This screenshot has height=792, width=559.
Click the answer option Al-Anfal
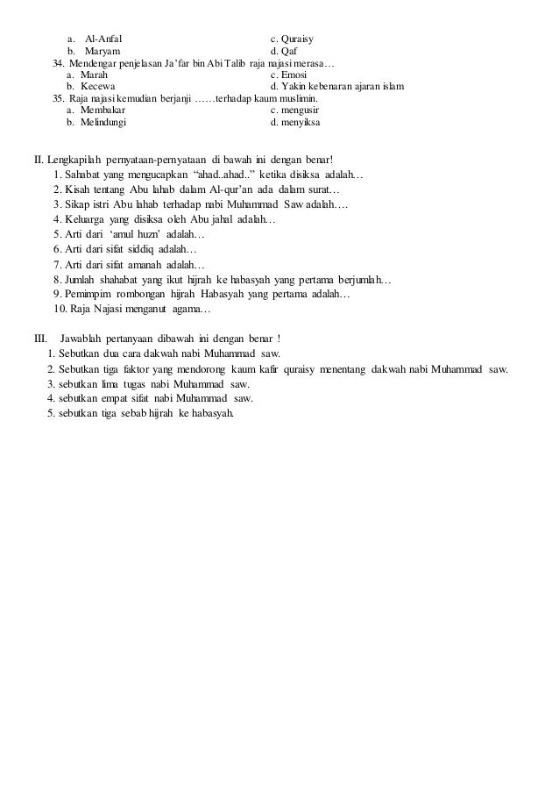pyautogui.click(x=103, y=39)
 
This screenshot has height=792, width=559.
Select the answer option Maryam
pyautogui.click(x=102, y=52)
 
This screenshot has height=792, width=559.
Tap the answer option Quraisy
pyautogui.click(x=298, y=39)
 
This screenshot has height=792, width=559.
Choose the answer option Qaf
pyautogui.click(x=290, y=52)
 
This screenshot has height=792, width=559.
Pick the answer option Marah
pyautogui.click(x=94, y=76)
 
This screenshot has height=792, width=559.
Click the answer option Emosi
pyautogui.click(x=292, y=76)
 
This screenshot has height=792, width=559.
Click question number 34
pyautogui.click(x=59, y=64)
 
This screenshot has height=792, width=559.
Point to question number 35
pyautogui.click(x=59, y=100)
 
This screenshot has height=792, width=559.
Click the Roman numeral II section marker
pyautogui.click(x=38, y=160)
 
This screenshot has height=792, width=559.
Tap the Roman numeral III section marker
pyautogui.click(x=39, y=339)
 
